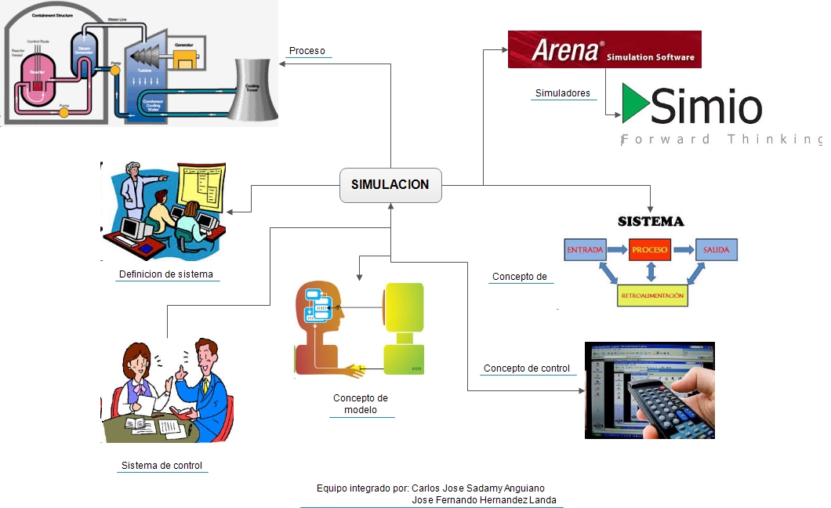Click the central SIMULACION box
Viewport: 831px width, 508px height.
[x=390, y=185]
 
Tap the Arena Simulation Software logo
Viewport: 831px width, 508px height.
[x=604, y=49]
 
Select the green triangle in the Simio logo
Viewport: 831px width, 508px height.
[x=636, y=104]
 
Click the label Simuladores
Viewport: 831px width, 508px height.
[x=562, y=93]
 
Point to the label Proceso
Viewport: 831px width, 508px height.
[x=307, y=51]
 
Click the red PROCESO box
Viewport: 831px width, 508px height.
[x=650, y=250]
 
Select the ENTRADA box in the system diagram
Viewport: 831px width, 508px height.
[x=585, y=250]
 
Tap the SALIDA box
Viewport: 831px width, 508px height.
[x=716, y=250]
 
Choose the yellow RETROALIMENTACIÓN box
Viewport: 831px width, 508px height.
[x=652, y=296]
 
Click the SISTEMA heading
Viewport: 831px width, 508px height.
[x=651, y=222]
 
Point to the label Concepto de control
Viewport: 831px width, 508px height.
[x=526, y=368]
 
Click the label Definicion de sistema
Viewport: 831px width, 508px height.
[x=166, y=274]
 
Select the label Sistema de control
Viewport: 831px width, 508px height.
[x=161, y=466]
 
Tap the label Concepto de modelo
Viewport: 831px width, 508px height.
[x=361, y=404]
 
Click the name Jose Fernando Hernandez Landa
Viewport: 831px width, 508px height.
[x=484, y=500]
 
